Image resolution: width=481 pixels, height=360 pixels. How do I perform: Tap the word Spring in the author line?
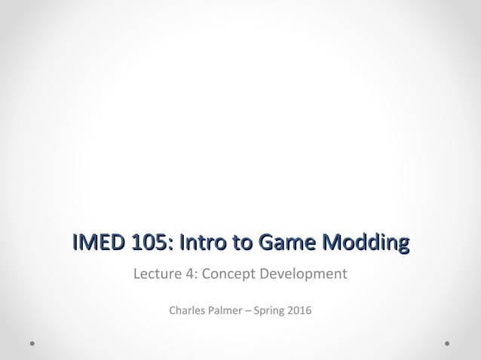[x=270, y=310]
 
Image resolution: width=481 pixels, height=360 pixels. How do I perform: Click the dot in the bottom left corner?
[x=33, y=343]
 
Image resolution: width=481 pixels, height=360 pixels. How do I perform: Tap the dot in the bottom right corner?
[x=447, y=343]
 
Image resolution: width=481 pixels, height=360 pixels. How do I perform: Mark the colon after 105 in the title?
[x=170, y=244]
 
